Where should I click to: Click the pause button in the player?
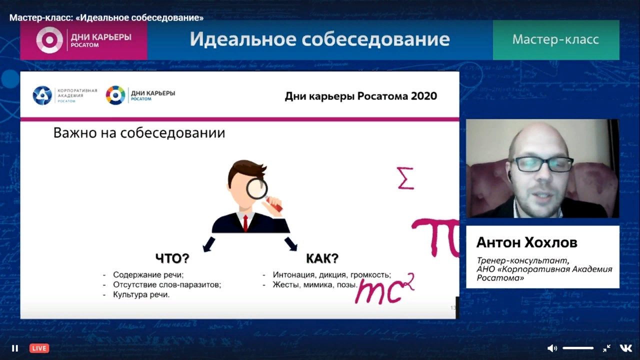click(x=15, y=348)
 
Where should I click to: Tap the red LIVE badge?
click(x=39, y=348)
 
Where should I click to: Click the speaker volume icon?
click(x=551, y=348)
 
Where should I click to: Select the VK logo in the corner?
click(x=625, y=348)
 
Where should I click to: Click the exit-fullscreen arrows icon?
click(x=606, y=348)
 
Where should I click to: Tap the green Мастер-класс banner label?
click(x=555, y=39)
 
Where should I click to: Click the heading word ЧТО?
click(x=172, y=258)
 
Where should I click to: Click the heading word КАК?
click(x=322, y=258)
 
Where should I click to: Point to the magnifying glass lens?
click(x=256, y=189)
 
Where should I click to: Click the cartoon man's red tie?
click(x=245, y=223)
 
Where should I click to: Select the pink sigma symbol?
click(x=405, y=178)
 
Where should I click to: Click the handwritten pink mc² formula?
click(x=384, y=288)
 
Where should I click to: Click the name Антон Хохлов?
click(x=527, y=242)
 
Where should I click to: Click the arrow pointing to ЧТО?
click(x=209, y=244)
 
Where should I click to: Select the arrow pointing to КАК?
click(x=291, y=243)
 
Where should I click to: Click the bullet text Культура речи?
click(x=141, y=294)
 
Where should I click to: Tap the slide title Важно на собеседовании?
click(x=139, y=133)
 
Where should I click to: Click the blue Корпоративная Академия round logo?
click(x=42, y=95)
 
